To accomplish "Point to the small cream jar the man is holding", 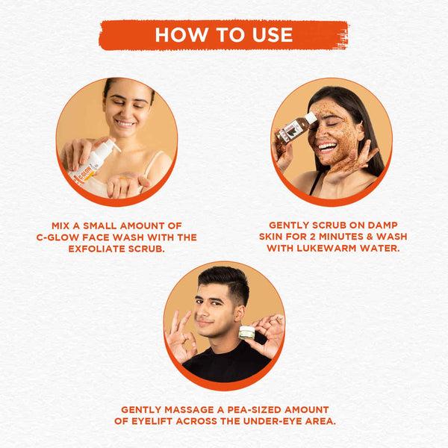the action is pos(246,332).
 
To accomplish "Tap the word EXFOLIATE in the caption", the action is pos(96,249).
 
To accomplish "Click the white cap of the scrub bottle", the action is pos(311,118).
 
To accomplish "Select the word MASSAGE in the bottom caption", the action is pos(189,410).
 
